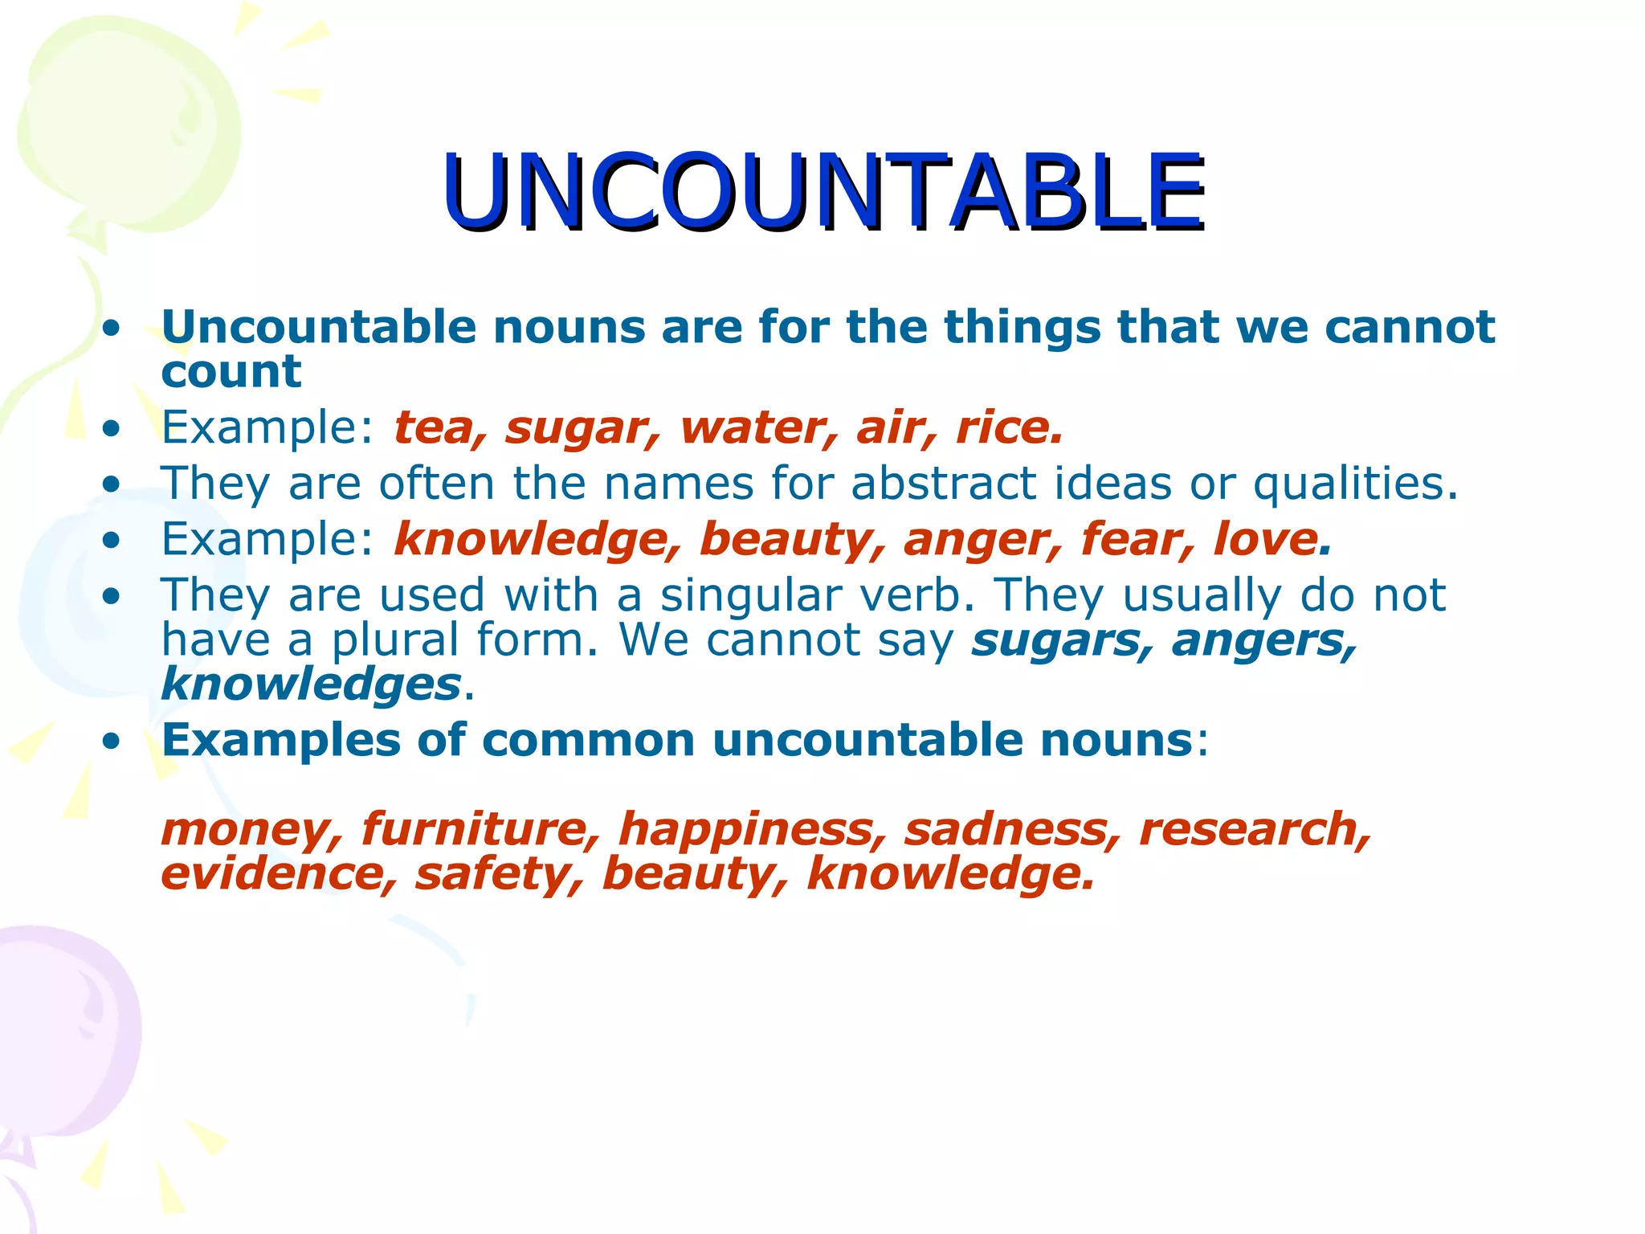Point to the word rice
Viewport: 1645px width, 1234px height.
[1007, 427]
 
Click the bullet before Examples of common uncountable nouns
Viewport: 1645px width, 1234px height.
[112, 740]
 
